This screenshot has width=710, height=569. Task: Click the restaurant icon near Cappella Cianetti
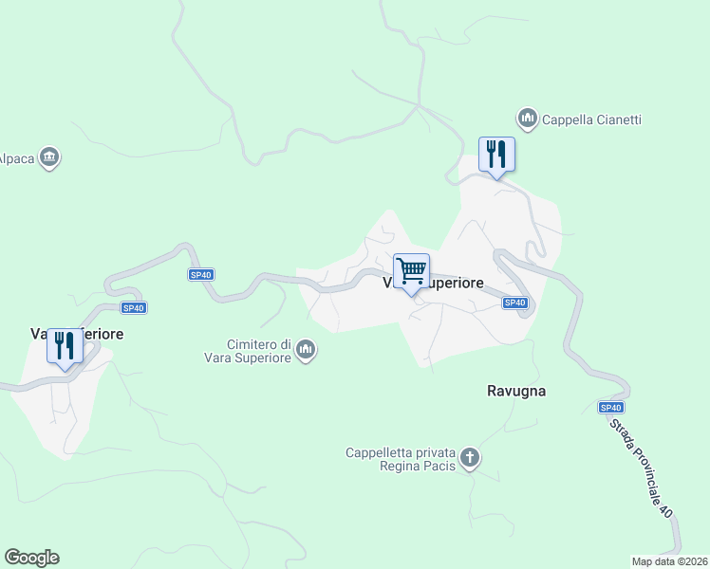coord(495,154)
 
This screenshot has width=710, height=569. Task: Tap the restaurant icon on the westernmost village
coord(65,346)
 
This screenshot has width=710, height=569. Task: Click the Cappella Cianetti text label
coord(591,119)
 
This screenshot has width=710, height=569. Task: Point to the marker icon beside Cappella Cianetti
coord(527,119)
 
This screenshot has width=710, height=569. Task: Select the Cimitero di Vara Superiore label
coord(259,350)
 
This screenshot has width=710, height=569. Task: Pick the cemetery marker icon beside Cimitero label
coord(306,351)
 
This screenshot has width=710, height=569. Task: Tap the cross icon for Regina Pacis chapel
coord(470,460)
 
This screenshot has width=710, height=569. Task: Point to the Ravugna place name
coord(516,391)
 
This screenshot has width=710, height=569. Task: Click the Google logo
coord(31,558)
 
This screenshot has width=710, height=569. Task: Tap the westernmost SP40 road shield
coord(134,307)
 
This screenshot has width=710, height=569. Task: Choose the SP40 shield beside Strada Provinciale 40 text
coord(611,407)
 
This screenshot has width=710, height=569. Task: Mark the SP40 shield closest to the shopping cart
coord(514,303)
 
